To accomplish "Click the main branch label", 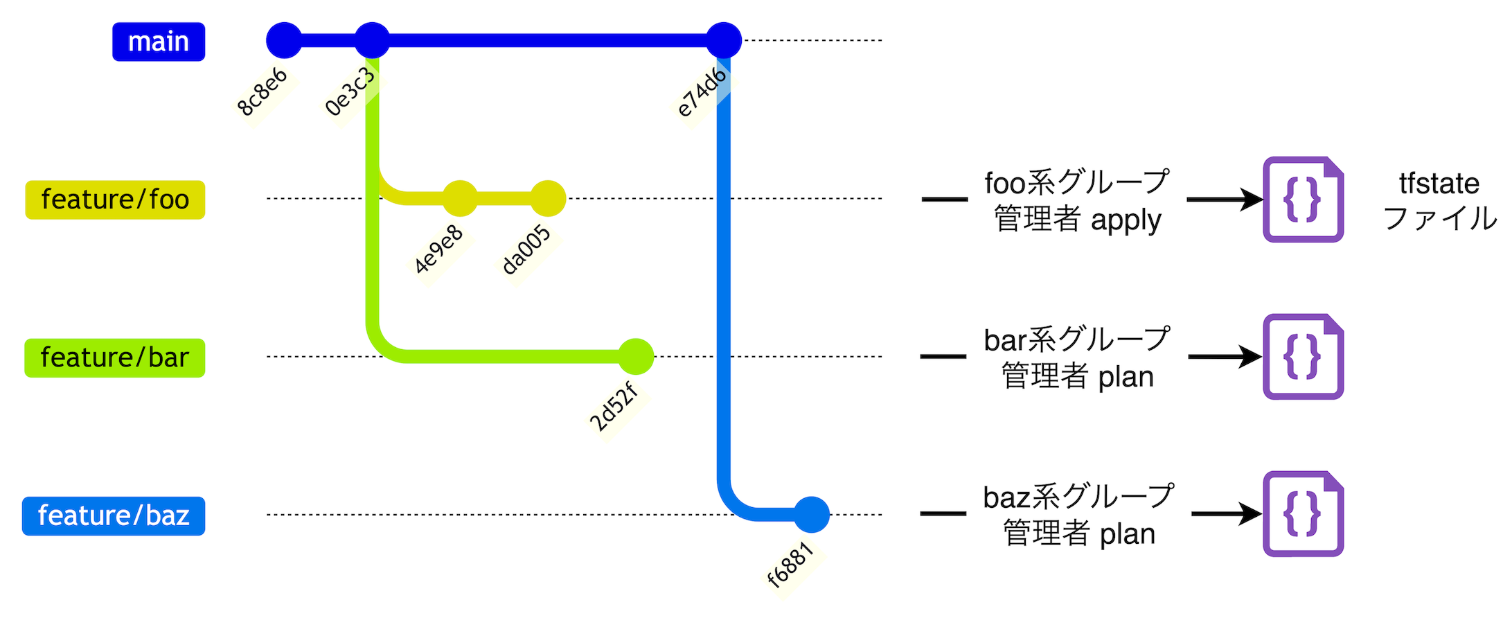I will tap(159, 42).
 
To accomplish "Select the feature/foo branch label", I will tap(115, 200).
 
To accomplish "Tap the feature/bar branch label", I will tap(115, 357).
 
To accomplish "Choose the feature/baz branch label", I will tap(114, 515).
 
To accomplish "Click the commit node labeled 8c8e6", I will tap(284, 40).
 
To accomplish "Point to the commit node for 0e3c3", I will tap(372, 40).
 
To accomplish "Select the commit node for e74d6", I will tap(724, 40).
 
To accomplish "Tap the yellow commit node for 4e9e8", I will tap(460, 199).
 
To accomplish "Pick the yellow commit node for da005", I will tap(548, 199).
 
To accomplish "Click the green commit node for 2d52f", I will tap(636, 357).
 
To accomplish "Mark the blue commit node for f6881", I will tap(812, 515).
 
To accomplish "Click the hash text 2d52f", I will tap(614, 408).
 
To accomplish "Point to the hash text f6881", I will tap(790, 565).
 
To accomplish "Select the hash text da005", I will tap(526, 250).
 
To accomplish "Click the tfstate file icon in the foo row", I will tap(1303, 200).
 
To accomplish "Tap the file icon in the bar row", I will tap(1303, 357).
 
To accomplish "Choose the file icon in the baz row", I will tap(1303, 514).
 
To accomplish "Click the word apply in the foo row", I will tap(1126, 221).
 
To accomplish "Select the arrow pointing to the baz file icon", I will tap(1226, 514).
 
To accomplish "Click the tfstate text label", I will tap(1439, 184).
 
